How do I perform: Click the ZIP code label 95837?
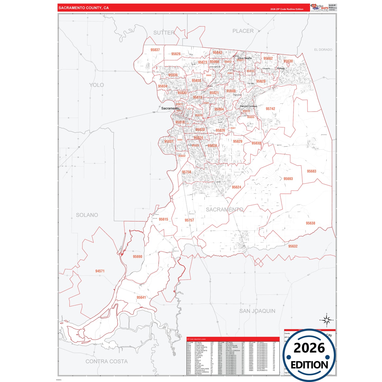point(155,50)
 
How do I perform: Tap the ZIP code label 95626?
point(176,54)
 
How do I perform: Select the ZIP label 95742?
point(270,109)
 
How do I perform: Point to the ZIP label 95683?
point(311,171)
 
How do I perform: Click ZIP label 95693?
point(288,179)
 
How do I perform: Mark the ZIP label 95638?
point(310,223)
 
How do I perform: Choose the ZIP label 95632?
point(293,246)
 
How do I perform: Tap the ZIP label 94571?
point(100,271)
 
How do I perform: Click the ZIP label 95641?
point(141,297)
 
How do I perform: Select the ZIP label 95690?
point(137,256)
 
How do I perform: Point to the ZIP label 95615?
point(163,219)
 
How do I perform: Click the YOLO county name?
point(96,85)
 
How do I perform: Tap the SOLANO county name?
point(87,215)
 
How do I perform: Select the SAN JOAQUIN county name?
point(257,311)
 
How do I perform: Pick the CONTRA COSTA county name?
point(107,361)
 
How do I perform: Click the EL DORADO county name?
point(323,50)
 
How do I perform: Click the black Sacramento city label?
point(170,108)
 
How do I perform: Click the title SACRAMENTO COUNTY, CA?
point(84,8)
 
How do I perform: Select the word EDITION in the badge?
point(309,365)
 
